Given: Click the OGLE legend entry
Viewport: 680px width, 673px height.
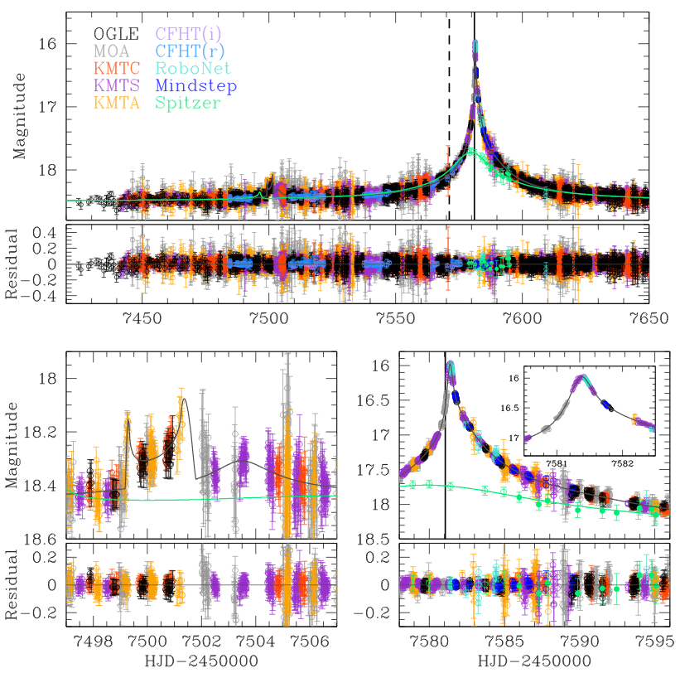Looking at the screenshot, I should [115, 34].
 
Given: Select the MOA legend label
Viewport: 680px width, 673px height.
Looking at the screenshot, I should [109, 51].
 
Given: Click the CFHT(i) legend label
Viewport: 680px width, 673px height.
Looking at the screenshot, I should [192, 34].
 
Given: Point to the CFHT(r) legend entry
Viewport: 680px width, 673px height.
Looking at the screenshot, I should [193, 51].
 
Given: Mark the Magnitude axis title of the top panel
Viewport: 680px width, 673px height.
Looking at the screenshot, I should [17, 116].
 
